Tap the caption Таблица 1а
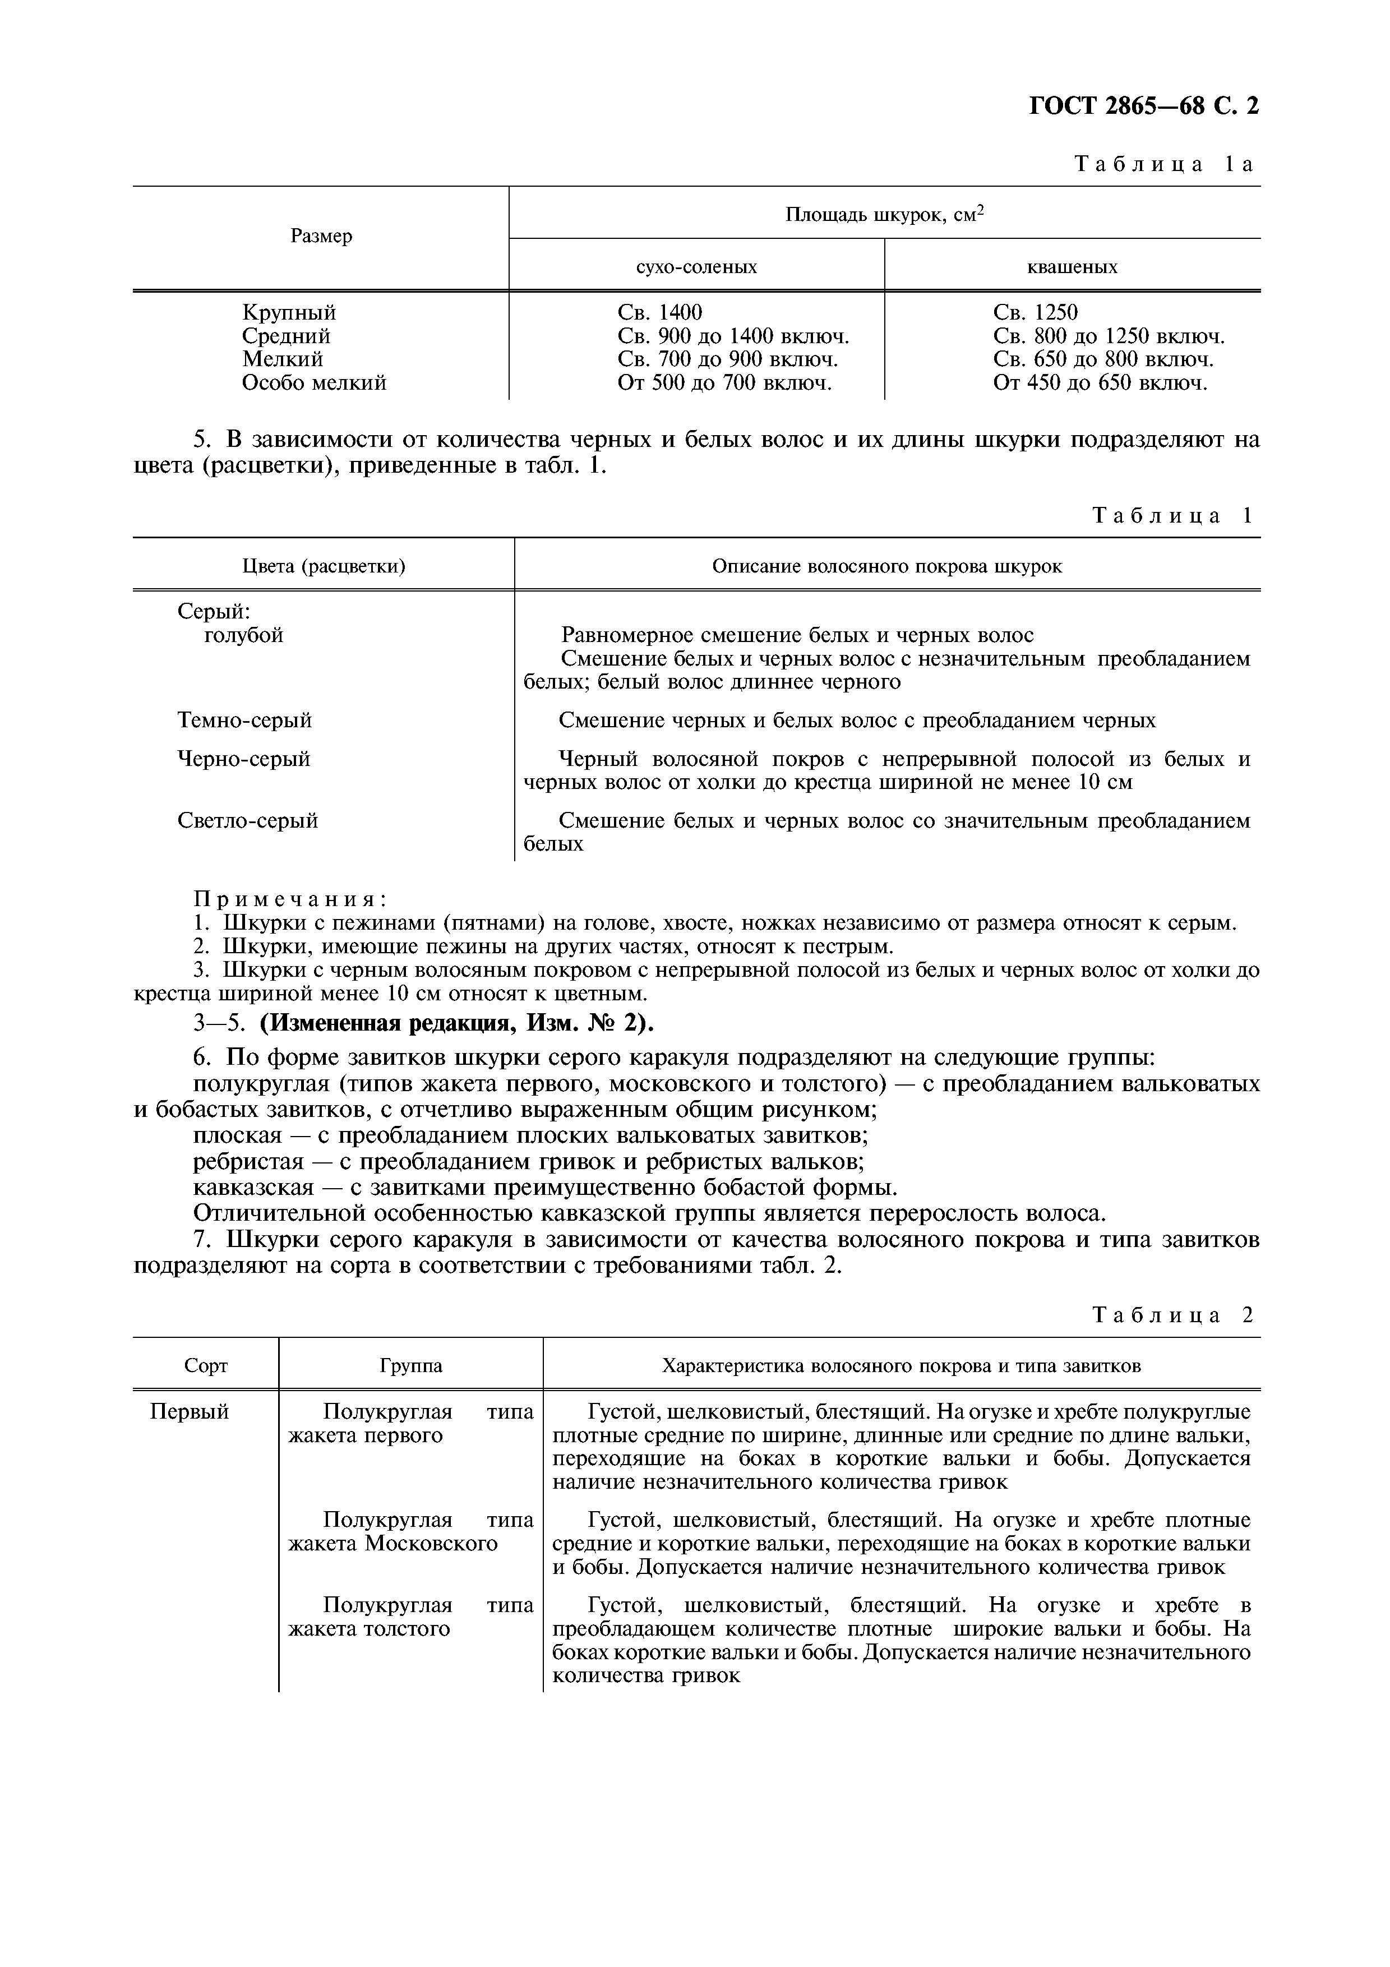1164,164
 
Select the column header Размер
321,237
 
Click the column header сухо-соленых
696,266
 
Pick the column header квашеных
1072,266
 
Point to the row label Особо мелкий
315,383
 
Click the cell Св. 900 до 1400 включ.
733,336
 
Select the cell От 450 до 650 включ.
1100,383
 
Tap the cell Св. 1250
1036,313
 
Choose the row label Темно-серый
245,719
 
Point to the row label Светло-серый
247,821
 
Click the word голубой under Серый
244,635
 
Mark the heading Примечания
290,899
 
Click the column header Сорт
206,1365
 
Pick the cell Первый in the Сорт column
190,1412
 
